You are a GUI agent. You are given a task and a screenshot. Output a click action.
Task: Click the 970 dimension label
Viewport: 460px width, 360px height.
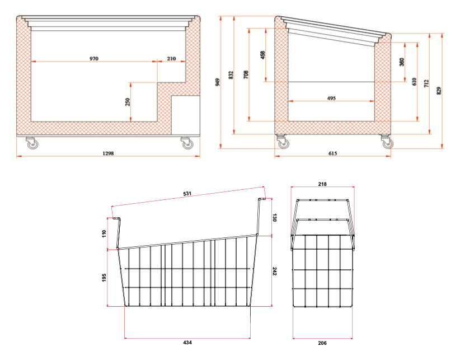point(93,58)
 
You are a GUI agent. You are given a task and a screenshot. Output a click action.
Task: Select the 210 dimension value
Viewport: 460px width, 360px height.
point(171,58)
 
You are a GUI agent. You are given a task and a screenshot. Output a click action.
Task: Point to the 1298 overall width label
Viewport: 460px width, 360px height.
point(108,153)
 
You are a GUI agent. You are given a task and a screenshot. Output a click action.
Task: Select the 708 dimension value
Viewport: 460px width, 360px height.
point(246,74)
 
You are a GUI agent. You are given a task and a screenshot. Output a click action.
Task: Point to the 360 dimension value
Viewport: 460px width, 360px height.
point(401,62)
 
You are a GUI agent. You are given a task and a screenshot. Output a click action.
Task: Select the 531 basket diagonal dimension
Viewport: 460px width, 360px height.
point(187,194)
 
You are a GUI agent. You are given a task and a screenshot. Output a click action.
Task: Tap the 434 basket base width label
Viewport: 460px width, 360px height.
point(187,342)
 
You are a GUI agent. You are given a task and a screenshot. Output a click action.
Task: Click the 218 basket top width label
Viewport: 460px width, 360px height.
point(322,184)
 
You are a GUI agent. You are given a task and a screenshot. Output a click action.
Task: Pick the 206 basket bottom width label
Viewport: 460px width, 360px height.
point(323,342)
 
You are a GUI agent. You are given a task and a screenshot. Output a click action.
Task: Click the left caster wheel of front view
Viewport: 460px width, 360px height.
point(31,144)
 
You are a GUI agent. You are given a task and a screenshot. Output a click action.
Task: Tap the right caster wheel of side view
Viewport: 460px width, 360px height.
point(386,143)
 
